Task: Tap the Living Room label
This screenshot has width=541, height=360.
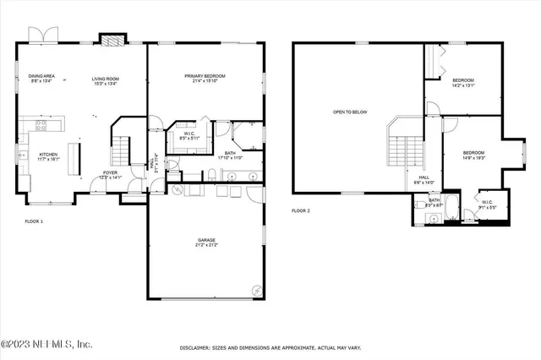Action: (x=106, y=80)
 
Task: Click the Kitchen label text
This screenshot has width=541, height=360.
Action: (x=49, y=156)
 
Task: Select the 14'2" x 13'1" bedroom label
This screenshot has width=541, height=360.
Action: (x=463, y=81)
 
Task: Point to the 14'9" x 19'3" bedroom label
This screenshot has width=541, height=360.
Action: (x=473, y=155)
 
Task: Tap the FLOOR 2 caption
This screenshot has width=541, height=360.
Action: (x=302, y=210)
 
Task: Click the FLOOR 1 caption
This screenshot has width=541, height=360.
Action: (x=33, y=221)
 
